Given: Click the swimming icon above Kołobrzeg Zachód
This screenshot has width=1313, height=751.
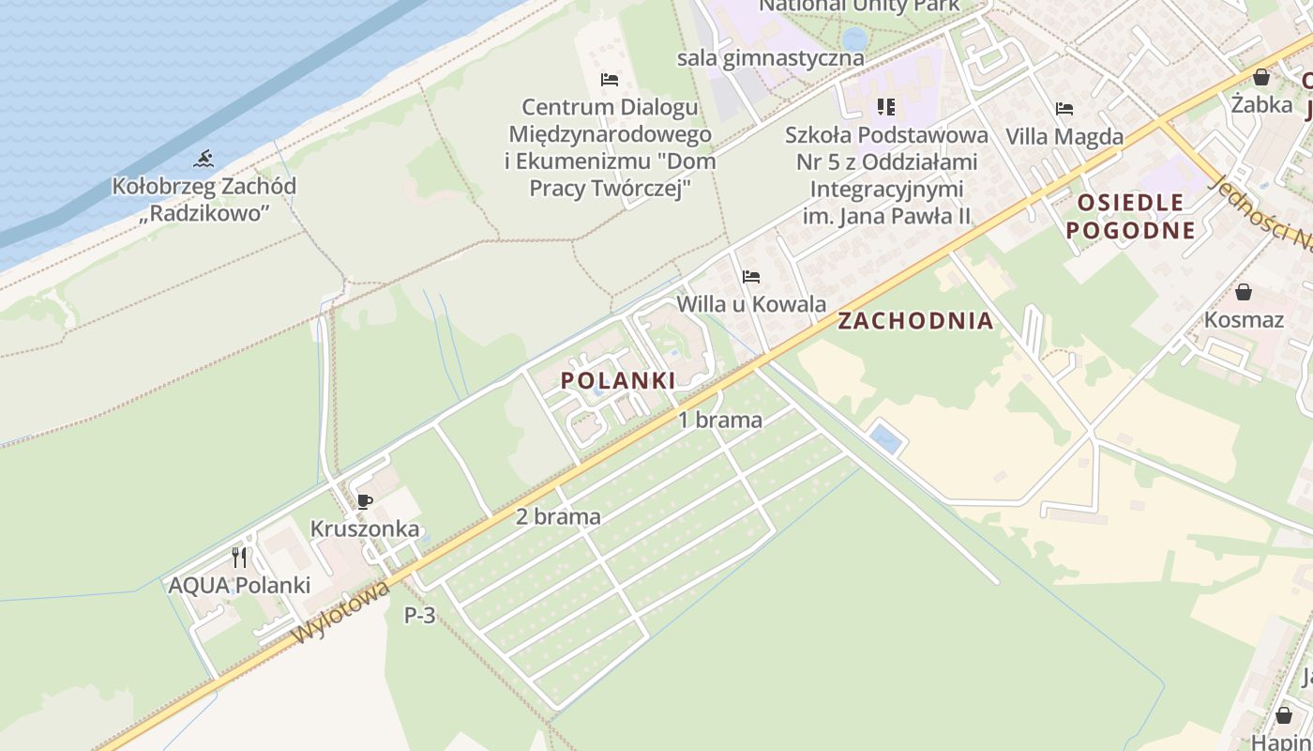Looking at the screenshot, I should click(204, 158).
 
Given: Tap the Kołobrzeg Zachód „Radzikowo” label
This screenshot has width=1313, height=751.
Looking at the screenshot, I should click(204, 199).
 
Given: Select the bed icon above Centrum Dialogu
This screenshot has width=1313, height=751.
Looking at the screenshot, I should click(610, 80).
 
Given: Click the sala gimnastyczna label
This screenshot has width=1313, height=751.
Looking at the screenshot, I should click(770, 57).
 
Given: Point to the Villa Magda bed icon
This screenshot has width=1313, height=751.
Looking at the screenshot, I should click(1064, 109).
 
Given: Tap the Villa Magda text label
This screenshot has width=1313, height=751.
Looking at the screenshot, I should click(1064, 136).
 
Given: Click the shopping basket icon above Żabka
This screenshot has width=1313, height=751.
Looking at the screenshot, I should click(1261, 77).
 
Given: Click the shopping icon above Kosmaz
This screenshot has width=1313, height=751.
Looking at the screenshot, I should click(1244, 292).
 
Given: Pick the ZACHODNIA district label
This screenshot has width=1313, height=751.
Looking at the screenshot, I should click(914, 321).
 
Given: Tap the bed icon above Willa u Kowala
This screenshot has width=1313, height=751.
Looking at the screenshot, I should click(750, 277).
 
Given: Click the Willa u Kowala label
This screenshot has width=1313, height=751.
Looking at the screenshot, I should click(750, 304).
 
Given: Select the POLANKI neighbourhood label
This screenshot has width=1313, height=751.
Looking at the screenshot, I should click(618, 380).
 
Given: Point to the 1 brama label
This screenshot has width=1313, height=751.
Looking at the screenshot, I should click(720, 420).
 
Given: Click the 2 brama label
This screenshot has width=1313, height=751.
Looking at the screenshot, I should click(558, 516).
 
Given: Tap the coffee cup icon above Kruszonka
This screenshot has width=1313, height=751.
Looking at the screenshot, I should click(365, 501).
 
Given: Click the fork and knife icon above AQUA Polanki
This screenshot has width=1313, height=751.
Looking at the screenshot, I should click(239, 558).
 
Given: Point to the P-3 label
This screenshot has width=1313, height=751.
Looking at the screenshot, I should click(419, 616).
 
